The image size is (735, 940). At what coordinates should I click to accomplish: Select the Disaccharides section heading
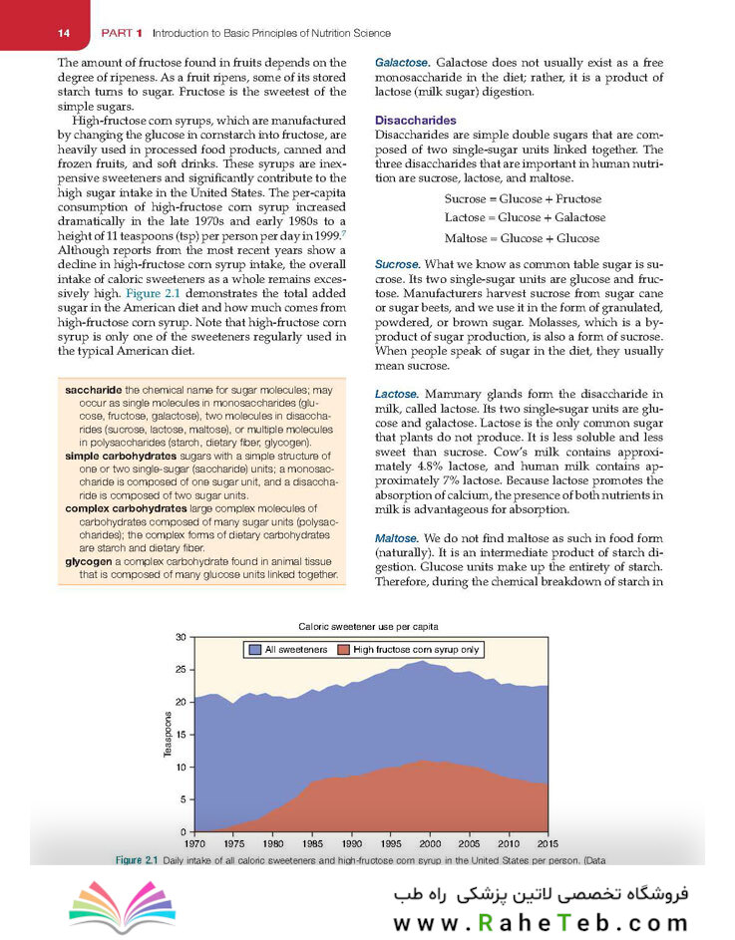pyautogui.click(x=415, y=120)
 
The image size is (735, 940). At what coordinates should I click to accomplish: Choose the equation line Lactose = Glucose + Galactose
pyautogui.click(x=525, y=217)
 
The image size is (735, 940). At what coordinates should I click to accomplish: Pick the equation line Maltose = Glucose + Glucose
pyautogui.click(x=522, y=238)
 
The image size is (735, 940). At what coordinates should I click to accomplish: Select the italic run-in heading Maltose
pyautogui.click(x=398, y=539)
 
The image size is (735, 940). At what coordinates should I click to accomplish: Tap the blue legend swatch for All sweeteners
pyautogui.click(x=257, y=650)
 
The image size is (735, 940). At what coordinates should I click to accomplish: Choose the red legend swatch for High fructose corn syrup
pyautogui.click(x=344, y=650)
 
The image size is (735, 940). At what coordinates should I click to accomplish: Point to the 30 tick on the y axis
pyautogui.click(x=180, y=637)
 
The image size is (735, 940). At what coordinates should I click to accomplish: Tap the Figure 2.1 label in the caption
pyautogui.click(x=138, y=858)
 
